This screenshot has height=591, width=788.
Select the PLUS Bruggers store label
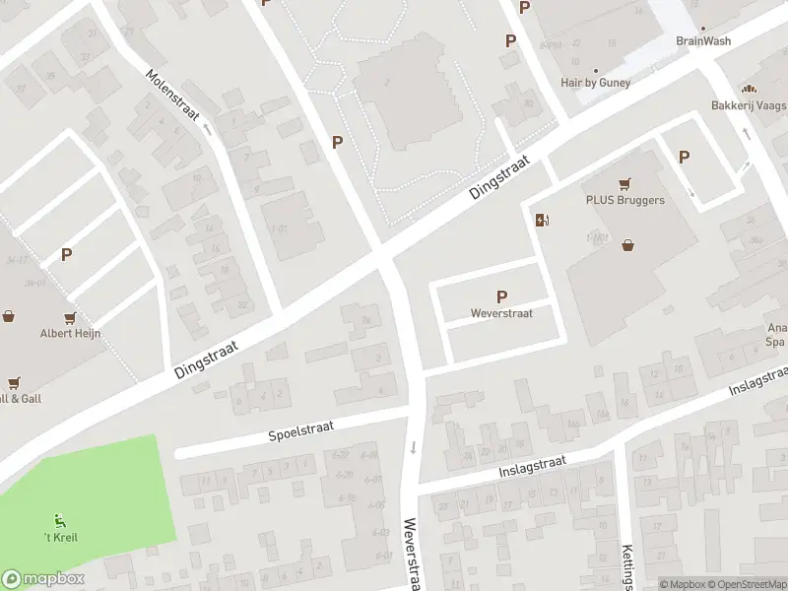624,200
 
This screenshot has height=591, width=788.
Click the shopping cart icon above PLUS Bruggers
624,183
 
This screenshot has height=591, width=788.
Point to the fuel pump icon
541,220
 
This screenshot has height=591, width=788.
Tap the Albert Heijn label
70,333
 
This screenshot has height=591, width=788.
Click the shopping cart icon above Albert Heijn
70,317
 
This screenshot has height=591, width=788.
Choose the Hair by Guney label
594,84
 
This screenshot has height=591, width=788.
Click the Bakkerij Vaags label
749,104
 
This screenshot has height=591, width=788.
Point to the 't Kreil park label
61,537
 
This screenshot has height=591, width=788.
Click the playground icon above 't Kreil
60,520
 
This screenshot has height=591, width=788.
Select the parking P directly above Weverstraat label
501,296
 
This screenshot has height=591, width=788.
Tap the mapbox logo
43,579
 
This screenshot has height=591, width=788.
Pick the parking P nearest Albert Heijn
67,254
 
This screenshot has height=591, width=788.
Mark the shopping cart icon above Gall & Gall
14,382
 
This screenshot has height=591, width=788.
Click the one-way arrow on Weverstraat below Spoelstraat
413,448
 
